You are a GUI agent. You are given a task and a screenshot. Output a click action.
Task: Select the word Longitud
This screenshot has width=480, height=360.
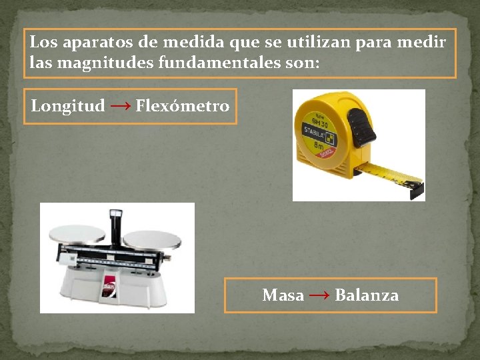click(68, 106)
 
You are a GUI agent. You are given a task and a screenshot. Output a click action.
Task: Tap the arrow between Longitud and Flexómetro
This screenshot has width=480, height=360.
click(120, 106)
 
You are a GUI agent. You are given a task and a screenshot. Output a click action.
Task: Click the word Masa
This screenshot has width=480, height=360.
click(283, 295)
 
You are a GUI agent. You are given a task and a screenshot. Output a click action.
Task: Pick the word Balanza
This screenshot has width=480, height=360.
click(367, 295)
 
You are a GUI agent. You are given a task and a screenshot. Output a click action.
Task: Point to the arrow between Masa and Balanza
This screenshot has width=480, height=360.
click(319, 295)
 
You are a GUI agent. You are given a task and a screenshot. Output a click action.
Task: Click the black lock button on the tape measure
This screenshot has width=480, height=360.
click(361, 127)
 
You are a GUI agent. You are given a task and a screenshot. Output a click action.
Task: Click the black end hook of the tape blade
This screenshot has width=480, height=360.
click(417, 191)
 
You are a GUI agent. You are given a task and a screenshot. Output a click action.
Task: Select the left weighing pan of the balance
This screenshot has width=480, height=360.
click(78, 234)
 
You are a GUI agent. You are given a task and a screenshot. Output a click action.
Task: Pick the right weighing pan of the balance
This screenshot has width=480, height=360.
click(152, 240)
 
